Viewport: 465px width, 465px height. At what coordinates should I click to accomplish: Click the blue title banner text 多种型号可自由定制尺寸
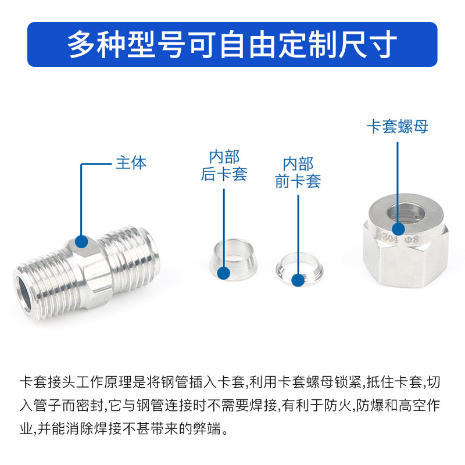[x=233, y=44]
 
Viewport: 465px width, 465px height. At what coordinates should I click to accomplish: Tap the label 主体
[x=131, y=163]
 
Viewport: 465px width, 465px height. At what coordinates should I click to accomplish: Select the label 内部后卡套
[x=224, y=166]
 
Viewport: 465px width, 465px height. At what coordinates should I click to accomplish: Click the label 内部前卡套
[x=298, y=173]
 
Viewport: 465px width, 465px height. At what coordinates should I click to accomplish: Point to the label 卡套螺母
[x=397, y=127]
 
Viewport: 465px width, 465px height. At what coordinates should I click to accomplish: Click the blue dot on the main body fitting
[x=81, y=240]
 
